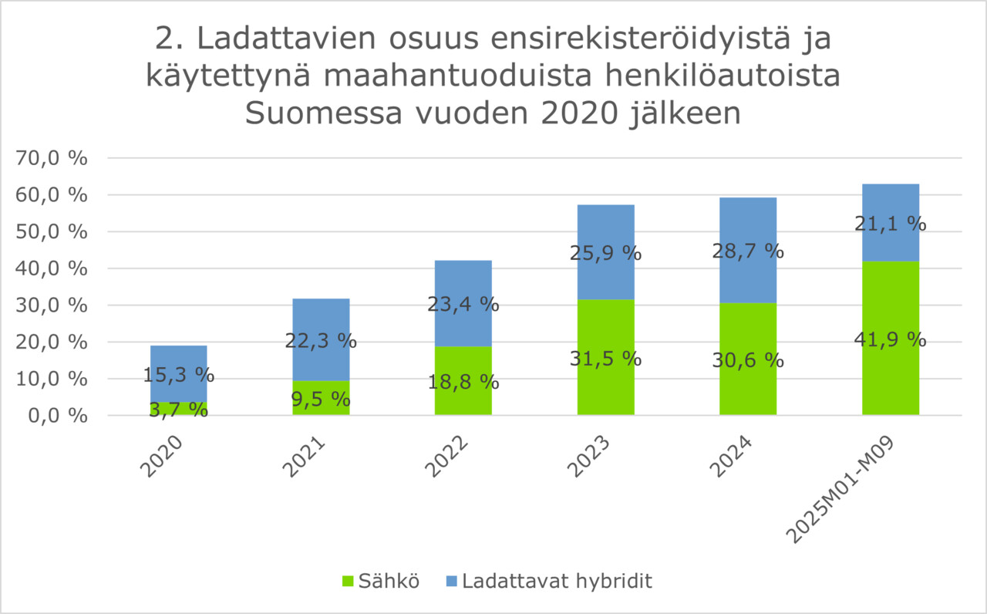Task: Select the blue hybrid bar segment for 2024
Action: point(747,224)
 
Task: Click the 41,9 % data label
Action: point(890,339)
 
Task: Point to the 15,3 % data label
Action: point(178,376)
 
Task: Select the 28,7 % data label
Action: point(748,251)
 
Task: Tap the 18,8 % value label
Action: point(463,382)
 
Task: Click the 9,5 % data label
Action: point(321,400)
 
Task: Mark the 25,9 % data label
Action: point(605,253)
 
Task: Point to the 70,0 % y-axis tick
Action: point(53,158)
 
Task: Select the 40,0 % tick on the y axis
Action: point(53,268)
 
